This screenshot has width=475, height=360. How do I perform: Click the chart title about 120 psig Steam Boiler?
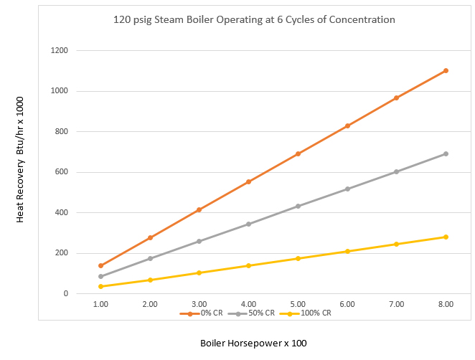(x=254, y=19)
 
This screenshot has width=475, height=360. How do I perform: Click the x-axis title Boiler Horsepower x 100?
(x=253, y=343)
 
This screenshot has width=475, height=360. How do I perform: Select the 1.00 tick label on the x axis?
(x=100, y=304)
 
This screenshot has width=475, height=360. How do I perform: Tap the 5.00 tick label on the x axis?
(x=298, y=304)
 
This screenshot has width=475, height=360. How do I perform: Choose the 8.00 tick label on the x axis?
(x=446, y=304)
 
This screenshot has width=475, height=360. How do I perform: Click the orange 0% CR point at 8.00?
(x=446, y=70)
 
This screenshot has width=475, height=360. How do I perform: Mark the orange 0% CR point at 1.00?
(x=100, y=265)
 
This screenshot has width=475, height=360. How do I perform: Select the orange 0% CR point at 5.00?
(x=298, y=153)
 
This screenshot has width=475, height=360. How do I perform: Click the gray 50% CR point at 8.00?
(x=446, y=153)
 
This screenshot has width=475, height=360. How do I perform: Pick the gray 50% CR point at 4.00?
(x=248, y=224)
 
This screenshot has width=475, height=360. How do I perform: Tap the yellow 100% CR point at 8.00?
(x=446, y=237)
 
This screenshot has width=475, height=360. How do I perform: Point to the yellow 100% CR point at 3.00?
(x=199, y=273)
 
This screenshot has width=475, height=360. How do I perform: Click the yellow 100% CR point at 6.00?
(x=347, y=251)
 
